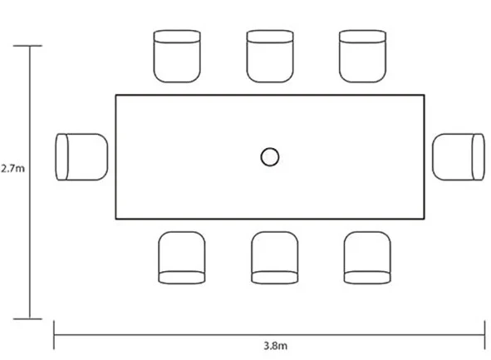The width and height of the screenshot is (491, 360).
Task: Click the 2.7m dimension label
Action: point(12,169)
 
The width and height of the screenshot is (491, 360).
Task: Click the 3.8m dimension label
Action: point(275,346)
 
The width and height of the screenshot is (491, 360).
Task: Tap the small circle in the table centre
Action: point(270,157)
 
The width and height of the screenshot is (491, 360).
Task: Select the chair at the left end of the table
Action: point(81,157)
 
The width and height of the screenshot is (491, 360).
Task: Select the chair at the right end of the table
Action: point(459,157)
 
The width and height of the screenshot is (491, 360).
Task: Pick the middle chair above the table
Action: point(270,57)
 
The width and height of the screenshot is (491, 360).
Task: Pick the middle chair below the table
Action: point(275,258)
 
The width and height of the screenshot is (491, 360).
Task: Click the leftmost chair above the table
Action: point(177,57)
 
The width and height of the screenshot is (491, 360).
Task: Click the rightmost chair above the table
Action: point(362,57)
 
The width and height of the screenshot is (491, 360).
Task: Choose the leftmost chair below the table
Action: point(182,258)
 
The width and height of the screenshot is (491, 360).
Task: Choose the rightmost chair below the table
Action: point(367,258)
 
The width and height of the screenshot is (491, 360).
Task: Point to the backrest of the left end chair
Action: point(61,157)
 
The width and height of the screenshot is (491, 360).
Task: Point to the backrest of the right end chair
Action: point(479,157)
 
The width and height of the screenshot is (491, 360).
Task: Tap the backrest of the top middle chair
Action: point(270,37)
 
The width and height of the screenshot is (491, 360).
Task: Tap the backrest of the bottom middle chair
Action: point(275,278)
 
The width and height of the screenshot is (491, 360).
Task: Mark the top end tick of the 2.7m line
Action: point(27,46)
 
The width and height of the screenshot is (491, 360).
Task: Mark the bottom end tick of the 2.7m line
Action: point(27,319)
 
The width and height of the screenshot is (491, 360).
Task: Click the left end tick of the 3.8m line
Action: point(54,335)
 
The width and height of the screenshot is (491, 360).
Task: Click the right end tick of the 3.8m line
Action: point(484,335)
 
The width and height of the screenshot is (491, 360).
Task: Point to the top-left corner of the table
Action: point(115,95)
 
